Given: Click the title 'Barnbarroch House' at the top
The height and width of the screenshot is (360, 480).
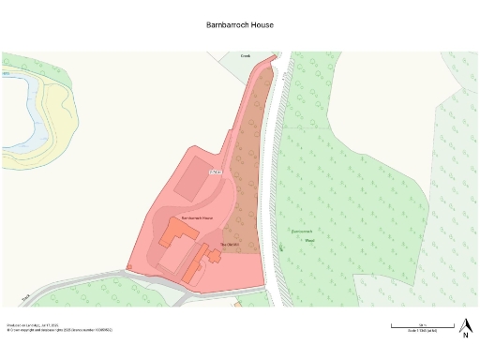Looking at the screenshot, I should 239,25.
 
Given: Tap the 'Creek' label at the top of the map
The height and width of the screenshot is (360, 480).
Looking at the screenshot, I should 246,56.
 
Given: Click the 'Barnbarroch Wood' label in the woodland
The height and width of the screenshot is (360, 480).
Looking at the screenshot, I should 302,234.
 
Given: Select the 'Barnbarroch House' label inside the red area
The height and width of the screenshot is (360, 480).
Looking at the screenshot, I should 197,217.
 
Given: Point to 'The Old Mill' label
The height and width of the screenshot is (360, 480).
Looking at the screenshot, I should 231,245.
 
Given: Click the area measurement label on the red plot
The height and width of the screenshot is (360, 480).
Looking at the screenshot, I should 216,172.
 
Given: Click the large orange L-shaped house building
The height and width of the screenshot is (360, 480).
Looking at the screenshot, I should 174,232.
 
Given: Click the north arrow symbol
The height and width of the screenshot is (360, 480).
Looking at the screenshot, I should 464,322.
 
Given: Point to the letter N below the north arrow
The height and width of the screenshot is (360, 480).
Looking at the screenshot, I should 464,334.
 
